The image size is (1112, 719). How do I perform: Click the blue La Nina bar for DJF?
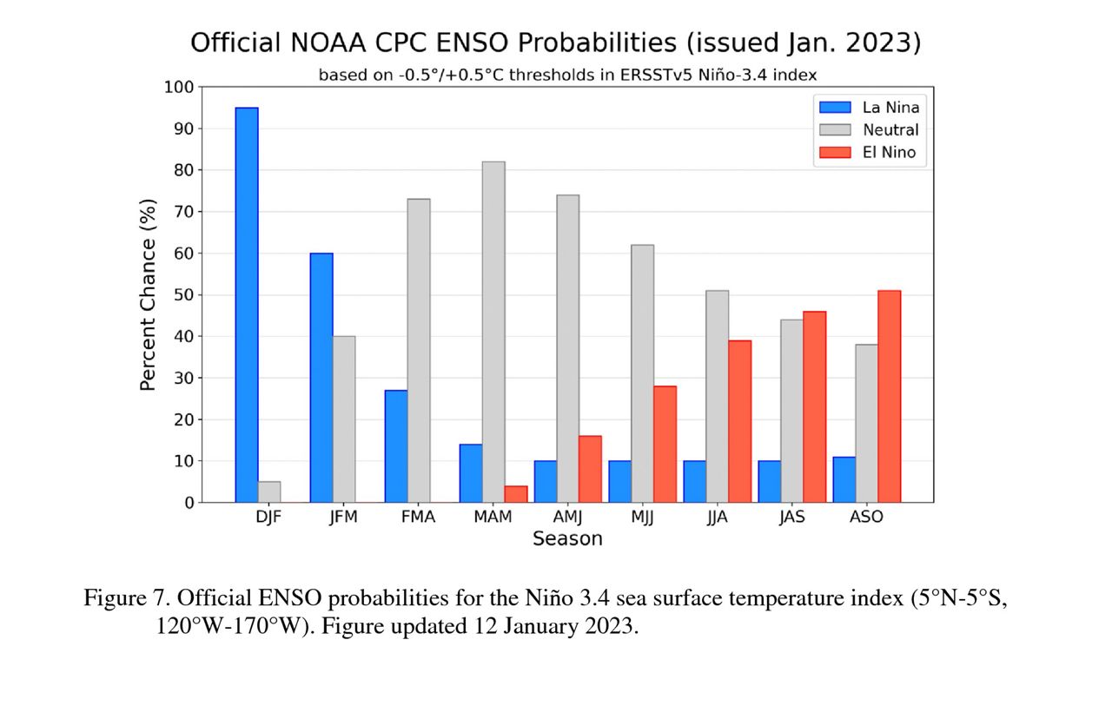tap(247, 305)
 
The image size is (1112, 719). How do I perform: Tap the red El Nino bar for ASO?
tap(890, 396)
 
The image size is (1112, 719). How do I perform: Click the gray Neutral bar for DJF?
tap(269, 491)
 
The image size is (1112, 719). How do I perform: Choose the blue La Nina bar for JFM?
tap(321, 378)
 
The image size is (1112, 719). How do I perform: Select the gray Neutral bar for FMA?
tap(419, 351)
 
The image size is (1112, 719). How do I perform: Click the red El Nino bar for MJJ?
tap(665, 444)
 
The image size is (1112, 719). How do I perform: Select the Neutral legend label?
tap(890, 130)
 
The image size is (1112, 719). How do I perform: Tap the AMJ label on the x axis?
tap(568, 517)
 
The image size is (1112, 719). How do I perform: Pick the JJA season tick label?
tap(718, 517)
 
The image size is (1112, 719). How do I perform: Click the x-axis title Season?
tap(567, 539)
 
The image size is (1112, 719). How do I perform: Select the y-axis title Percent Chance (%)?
tap(149, 294)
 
